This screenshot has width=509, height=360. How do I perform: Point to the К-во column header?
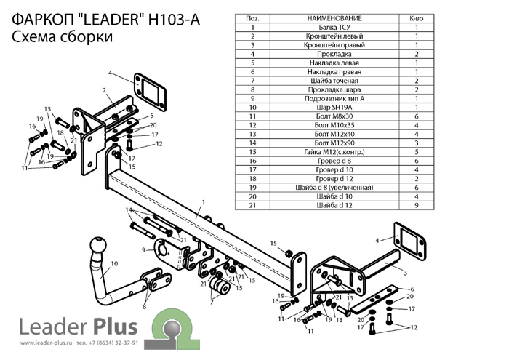417,17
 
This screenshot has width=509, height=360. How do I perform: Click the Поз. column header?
252,17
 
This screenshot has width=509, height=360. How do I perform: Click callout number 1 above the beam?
204,200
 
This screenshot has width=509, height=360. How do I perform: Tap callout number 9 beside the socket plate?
145,250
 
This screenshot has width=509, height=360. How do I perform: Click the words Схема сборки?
63,37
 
